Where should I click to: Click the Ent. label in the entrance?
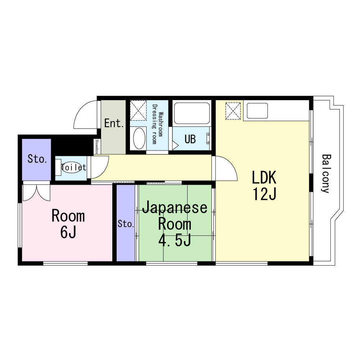114,123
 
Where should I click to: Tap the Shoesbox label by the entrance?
97,147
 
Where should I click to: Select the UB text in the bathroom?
190,139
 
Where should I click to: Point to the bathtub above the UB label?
192,113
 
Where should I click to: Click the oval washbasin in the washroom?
139,138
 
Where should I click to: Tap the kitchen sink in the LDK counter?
257,111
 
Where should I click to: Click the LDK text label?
264,177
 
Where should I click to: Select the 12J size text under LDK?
265,194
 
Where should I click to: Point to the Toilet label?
74,167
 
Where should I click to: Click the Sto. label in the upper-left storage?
37,159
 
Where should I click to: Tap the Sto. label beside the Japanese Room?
126,224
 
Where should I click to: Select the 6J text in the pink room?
68,232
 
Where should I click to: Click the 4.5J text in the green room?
175,240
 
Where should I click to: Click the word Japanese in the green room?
175,208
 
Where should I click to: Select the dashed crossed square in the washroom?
138,110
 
